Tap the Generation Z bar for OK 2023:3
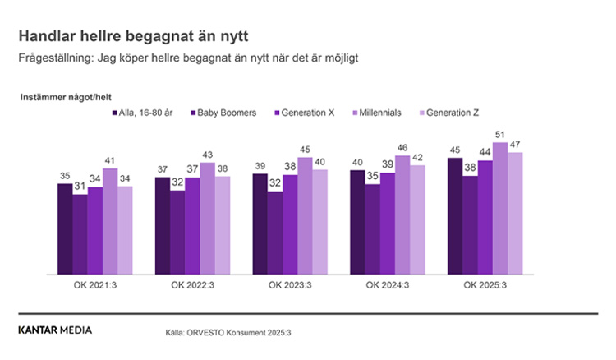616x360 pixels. click(320, 222)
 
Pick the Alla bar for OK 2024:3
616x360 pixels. click(357, 222)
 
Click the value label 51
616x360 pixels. click(500, 136)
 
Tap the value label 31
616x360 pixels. click(80, 188)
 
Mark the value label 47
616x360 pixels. click(515, 145)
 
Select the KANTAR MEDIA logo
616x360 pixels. click(55, 330)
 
